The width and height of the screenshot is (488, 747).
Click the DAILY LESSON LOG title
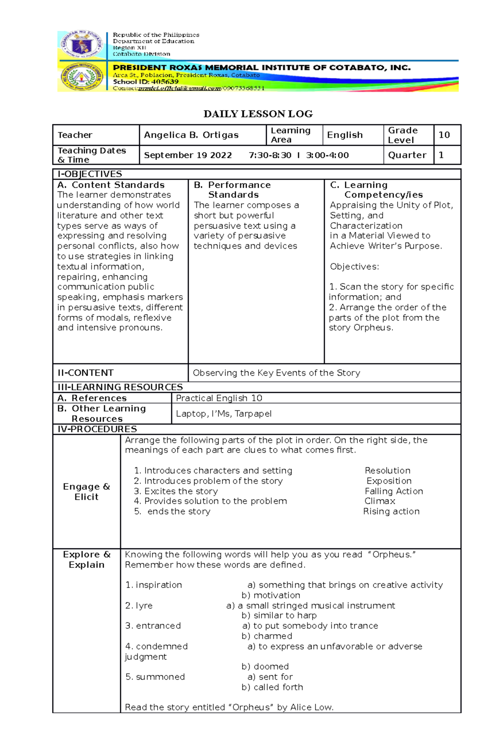click(x=258, y=114)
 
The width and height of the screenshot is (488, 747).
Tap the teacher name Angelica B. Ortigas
click(x=191, y=135)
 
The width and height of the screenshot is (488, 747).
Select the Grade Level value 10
click(x=444, y=135)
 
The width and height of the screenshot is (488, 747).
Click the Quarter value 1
click(x=441, y=155)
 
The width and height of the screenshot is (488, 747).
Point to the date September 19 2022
click(x=187, y=155)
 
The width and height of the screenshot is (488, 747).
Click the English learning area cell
click(x=344, y=135)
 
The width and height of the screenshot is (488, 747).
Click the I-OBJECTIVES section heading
click(x=89, y=174)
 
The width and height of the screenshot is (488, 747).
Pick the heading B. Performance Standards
click(x=233, y=190)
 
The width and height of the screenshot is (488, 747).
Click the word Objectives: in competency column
click(x=354, y=267)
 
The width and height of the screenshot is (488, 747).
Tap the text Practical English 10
click(x=219, y=398)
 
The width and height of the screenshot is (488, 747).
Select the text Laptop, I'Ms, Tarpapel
click(x=224, y=414)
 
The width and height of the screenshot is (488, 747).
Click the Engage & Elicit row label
click(x=86, y=491)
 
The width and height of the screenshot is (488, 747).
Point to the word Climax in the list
click(x=379, y=501)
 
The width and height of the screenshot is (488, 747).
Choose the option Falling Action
click(x=394, y=491)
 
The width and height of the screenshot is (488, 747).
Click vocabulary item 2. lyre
click(x=139, y=606)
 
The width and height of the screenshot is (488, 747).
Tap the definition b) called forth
click(x=272, y=687)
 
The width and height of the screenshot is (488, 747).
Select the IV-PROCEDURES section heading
click(x=97, y=429)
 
